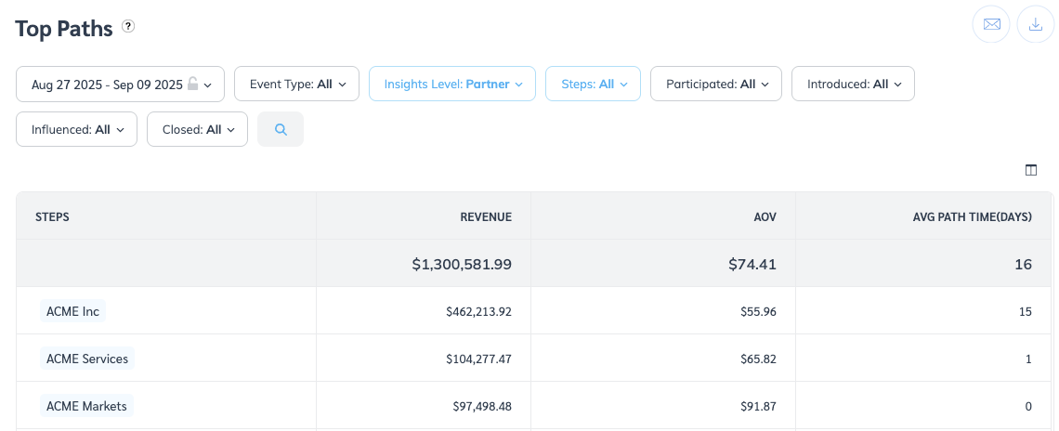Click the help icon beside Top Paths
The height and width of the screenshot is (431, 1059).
[x=128, y=27]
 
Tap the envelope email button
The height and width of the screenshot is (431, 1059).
[x=991, y=24]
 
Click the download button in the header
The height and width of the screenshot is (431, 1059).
[x=1036, y=24]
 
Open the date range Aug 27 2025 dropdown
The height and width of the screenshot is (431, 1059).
[x=121, y=84]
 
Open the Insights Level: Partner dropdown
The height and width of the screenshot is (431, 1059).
[x=452, y=84]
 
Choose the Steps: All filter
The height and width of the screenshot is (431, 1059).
[x=593, y=84]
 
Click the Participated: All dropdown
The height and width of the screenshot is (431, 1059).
[x=716, y=84]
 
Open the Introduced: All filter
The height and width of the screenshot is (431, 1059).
[x=853, y=84]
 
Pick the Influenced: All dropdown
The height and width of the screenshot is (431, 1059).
[x=76, y=129]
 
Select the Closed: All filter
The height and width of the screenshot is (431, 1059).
[x=197, y=129]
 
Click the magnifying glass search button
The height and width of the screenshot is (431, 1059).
[x=281, y=129]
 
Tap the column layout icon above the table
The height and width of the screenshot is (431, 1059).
[x=1030, y=170]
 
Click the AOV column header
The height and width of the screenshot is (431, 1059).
[x=765, y=216]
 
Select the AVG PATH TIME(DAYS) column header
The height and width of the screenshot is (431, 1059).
[x=972, y=216]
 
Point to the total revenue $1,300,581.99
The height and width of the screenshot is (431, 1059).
[x=462, y=264]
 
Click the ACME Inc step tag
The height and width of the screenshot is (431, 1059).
[x=72, y=311]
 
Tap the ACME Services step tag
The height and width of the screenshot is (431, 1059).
[x=87, y=359]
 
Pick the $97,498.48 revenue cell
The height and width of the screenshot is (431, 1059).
[x=478, y=406]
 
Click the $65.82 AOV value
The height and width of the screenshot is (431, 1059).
[x=756, y=359]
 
